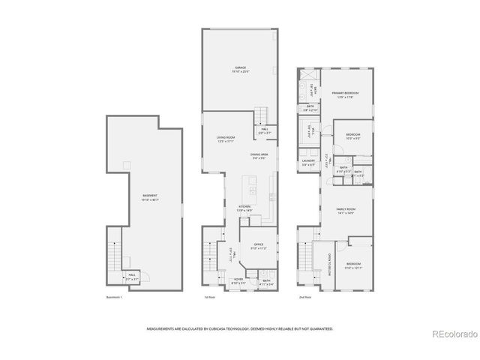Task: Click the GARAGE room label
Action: coord(241,68)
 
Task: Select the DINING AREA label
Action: coord(260,154)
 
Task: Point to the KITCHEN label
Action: coord(244,207)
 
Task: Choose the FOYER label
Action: coord(238,278)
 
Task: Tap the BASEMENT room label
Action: coord(150,196)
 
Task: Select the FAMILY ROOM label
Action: coord(346,209)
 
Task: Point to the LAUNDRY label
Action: coord(307,160)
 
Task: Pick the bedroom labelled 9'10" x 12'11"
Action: coord(353,264)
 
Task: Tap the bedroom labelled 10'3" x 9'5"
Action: coord(353,135)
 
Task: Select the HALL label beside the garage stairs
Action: coord(265,128)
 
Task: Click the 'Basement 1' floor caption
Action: coord(114,298)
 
